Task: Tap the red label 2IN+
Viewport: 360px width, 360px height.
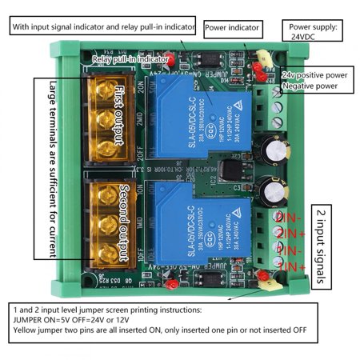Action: click(x=292, y=234)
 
